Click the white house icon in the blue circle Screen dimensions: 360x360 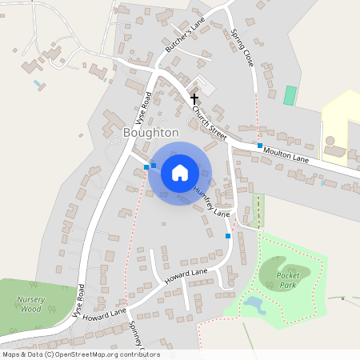point(180,172)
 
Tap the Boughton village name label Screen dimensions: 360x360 point(151,132)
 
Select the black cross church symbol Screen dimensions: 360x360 point(194,98)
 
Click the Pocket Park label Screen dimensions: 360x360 point(287,279)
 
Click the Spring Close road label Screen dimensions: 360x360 point(242,47)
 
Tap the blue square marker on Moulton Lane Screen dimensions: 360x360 point(259,146)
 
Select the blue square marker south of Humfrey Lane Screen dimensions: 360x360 point(228,236)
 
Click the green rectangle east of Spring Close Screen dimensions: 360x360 point(290,94)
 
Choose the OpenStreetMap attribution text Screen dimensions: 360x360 point(80,354)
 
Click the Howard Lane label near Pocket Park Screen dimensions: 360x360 point(186,278)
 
